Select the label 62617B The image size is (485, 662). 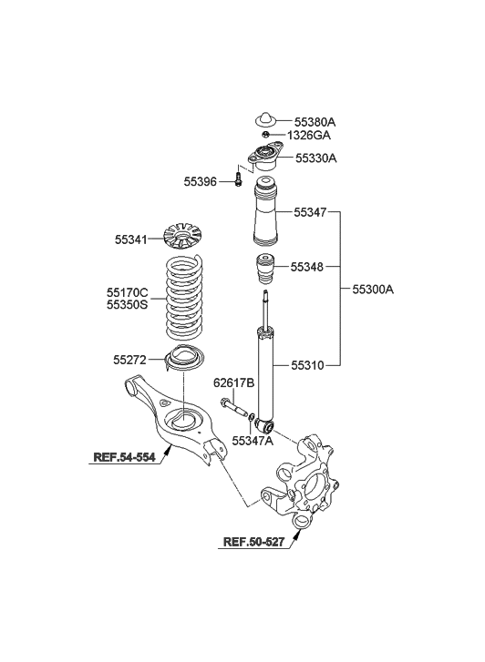click(232, 383)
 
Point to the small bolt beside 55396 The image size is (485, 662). click(237, 180)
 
